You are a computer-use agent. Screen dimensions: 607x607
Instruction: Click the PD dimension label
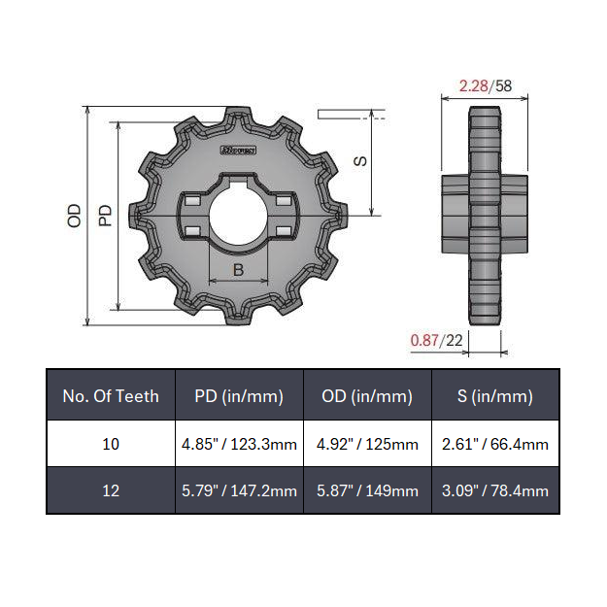107,215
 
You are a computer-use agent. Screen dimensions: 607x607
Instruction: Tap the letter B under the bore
239,270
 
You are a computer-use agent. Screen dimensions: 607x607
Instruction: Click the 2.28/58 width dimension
485,85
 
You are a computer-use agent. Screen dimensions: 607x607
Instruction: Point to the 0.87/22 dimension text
437,340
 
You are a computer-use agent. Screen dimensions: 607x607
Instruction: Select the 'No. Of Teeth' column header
111,395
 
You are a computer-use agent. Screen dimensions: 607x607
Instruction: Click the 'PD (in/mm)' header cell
239,395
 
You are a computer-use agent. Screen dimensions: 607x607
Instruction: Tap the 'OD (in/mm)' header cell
367,395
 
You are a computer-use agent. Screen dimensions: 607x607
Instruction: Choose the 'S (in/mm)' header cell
495,395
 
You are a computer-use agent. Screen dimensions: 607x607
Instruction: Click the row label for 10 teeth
111,444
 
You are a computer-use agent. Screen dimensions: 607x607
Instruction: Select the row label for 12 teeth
111,490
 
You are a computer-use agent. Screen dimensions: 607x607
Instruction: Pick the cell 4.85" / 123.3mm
239,444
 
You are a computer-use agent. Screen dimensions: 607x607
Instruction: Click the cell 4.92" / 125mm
367,444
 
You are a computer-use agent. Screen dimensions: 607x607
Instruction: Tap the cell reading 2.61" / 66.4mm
495,444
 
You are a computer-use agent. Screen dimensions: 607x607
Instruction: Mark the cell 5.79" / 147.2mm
239,490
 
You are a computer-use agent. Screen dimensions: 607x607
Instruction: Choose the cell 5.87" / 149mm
367,490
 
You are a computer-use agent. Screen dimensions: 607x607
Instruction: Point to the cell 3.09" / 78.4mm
495,490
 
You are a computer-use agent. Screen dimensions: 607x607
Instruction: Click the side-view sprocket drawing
485,214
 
